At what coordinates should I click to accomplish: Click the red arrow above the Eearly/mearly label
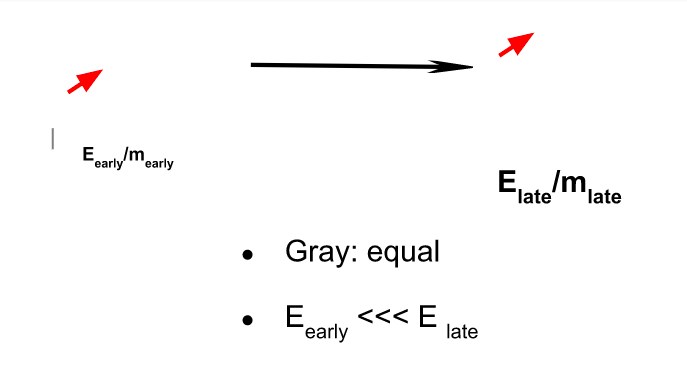coord(85,81)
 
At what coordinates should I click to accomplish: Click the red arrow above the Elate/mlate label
coord(516,44)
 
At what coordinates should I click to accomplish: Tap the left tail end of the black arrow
coord(254,65)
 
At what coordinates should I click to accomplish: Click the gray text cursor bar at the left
coord(52,139)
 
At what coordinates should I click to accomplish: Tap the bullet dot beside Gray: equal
coord(248,256)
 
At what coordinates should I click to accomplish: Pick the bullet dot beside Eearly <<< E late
coord(248,321)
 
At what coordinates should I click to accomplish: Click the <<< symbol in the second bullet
coord(384,319)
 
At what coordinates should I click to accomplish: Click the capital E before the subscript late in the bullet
coord(428,319)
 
